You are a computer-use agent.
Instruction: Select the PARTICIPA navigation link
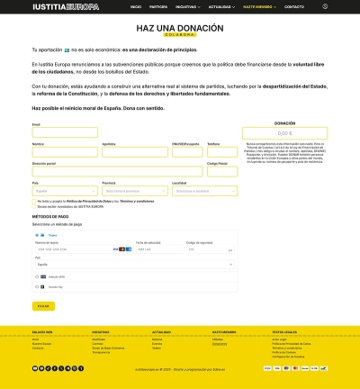tap(158, 5)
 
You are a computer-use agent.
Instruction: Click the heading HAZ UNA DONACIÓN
tap(180, 29)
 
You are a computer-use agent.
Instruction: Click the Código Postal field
tap(223, 172)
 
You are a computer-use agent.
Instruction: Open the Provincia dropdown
tap(135, 191)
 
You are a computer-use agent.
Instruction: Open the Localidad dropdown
tap(206, 191)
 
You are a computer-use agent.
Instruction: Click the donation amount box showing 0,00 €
tap(284, 132)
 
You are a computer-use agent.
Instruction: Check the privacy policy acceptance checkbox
tap(33, 201)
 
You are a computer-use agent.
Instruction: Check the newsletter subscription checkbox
tap(33, 206)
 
